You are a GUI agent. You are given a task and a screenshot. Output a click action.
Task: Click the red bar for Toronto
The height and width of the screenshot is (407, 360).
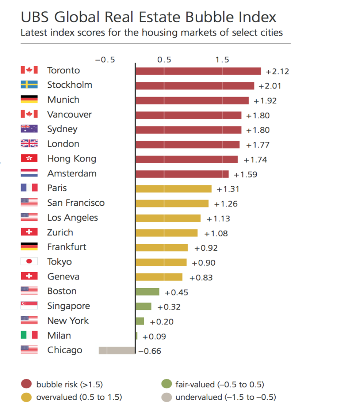[x=198, y=71]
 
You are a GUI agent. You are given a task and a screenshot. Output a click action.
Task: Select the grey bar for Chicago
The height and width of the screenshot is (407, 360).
[x=117, y=351]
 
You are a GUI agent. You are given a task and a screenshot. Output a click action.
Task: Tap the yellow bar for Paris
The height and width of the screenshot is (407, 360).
[x=173, y=189]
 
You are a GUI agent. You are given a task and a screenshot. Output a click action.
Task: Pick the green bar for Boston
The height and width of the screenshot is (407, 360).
[x=148, y=292]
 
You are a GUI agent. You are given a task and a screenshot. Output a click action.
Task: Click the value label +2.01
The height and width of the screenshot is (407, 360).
[x=270, y=86]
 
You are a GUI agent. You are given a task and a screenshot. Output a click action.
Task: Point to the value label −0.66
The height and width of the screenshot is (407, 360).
[x=150, y=351]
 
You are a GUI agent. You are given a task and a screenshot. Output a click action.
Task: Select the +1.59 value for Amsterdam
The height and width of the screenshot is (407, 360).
[x=245, y=175]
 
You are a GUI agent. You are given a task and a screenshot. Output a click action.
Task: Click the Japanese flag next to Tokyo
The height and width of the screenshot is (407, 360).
[x=29, y=262]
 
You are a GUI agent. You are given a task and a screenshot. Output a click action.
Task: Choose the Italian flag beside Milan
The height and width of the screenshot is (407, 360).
[x=29, y=335]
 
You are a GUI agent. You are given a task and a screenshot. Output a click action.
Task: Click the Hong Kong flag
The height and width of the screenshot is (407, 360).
[x=29, y=159]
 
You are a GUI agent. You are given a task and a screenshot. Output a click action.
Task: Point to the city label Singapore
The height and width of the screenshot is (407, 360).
[x=68, y=306]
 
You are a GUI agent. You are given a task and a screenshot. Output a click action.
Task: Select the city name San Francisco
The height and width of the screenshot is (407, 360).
[x=76, y=203]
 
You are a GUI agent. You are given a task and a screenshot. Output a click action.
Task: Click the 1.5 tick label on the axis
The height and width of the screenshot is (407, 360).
[x=222, y=60]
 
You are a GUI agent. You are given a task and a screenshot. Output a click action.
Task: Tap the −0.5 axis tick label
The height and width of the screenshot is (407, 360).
[x=105, y=60]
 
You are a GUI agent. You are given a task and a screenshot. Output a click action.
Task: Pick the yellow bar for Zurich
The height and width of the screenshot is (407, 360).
[x=166, y=233]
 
